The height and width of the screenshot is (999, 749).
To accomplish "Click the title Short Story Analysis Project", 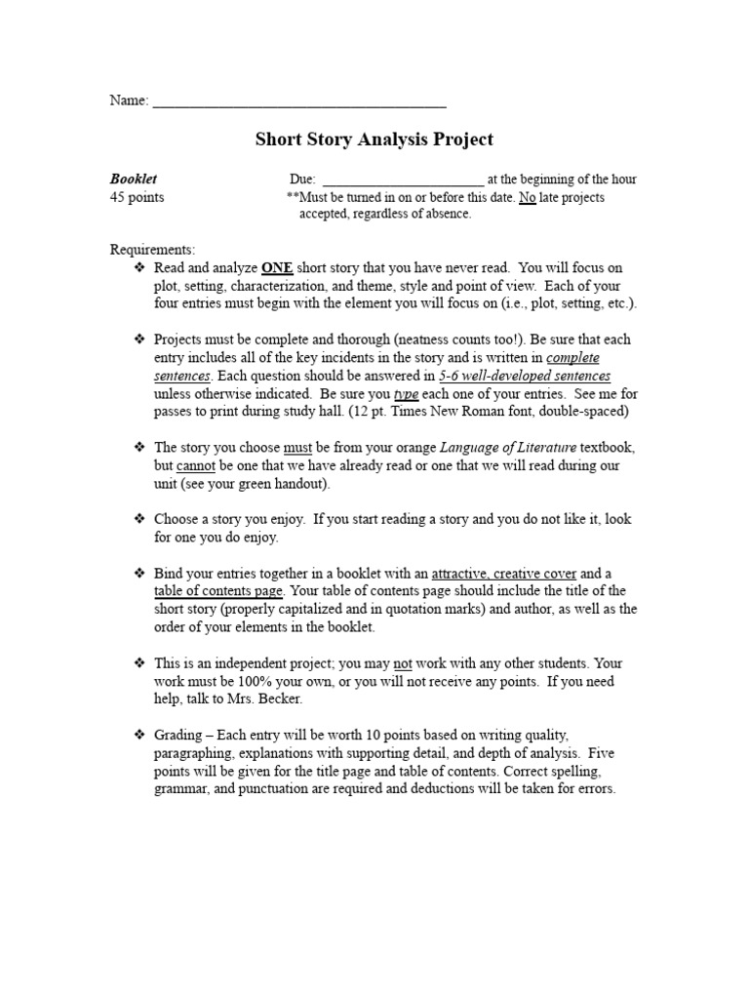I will click(374, 140).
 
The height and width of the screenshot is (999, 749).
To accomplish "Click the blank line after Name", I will click(299, 100).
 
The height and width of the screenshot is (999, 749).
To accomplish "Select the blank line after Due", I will click(402, 180).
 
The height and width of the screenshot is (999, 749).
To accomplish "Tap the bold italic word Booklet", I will click(134, 180).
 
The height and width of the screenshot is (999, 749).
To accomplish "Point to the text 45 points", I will click(137, 197).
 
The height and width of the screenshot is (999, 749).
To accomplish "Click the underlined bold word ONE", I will click(277, 267).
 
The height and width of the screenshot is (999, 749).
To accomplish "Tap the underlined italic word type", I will click(406, 393).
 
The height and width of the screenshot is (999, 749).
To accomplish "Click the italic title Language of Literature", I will click(508, 448).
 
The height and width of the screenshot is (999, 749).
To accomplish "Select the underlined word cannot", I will click(196, 465).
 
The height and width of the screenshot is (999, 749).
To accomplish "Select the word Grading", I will click(179, 735).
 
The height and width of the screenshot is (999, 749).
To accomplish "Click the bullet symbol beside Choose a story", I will click(138, 519).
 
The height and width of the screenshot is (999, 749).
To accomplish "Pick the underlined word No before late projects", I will click(528, 197).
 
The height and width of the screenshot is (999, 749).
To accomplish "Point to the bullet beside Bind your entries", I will click(138, 573).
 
